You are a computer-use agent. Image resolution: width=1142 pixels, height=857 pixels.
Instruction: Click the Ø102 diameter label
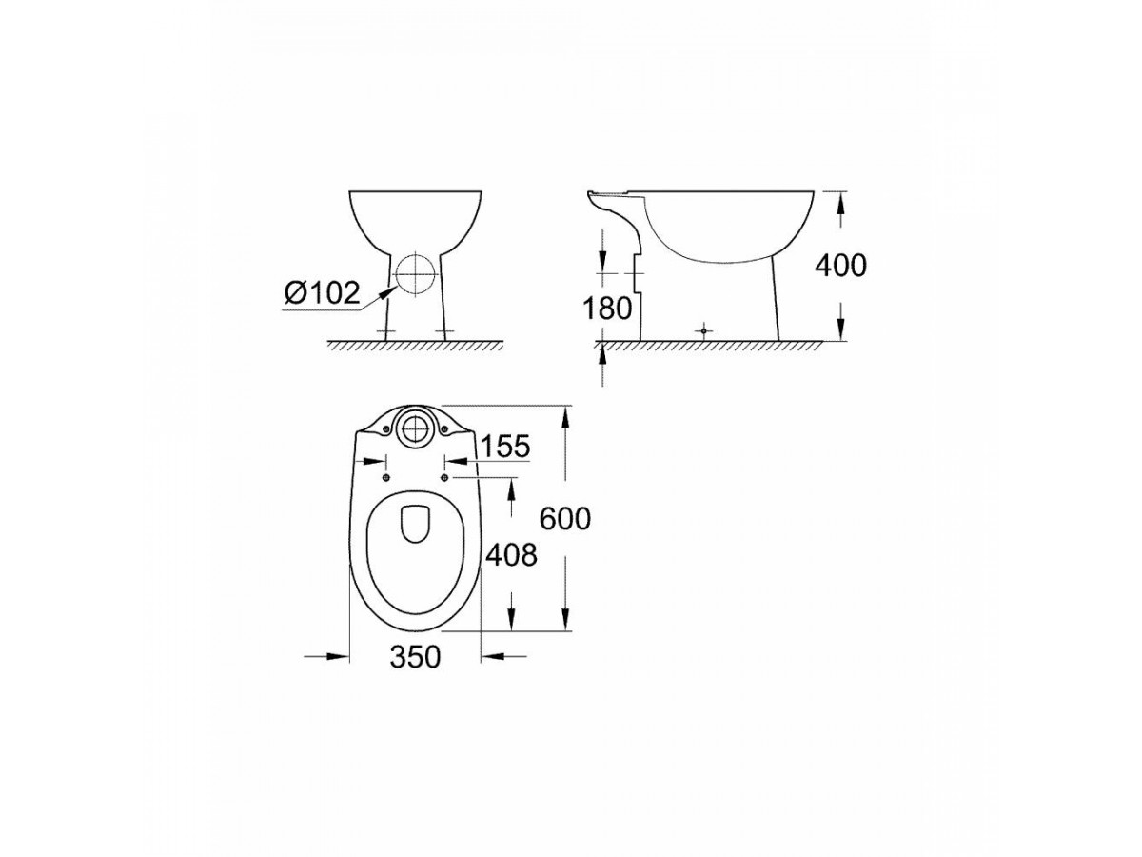322,293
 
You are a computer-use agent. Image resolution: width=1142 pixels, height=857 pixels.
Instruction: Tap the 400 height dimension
840,266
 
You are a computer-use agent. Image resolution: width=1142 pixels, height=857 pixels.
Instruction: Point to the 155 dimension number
504,446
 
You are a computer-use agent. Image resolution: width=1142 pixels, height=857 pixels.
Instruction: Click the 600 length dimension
565,518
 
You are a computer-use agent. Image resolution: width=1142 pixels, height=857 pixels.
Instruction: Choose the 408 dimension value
511,555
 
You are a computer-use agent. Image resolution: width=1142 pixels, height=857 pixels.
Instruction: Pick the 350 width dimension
415,657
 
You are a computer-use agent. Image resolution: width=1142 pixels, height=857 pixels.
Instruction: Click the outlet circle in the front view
415,274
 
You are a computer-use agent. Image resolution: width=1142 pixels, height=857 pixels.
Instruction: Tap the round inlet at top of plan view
415,428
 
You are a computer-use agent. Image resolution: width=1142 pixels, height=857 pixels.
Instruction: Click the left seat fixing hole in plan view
386,478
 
